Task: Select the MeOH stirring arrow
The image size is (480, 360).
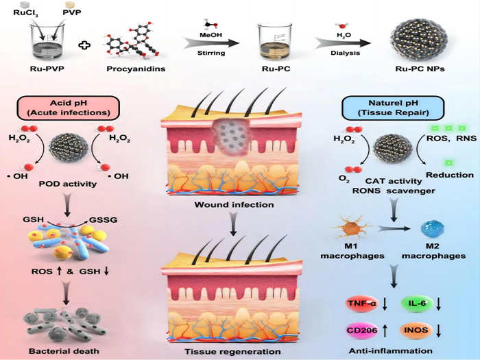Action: pos(210,43)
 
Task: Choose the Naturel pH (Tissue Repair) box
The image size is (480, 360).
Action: pos(386,108)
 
